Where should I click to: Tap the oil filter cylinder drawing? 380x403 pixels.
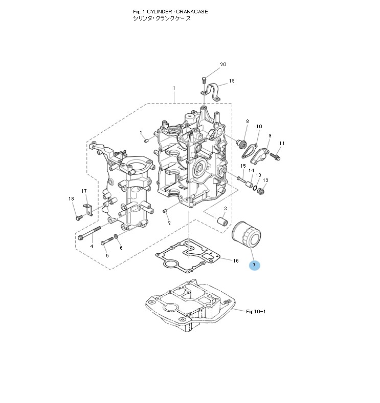pyautogui.click(x=247, y=234)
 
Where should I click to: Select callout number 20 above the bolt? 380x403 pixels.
pyautogui.click(x=223, y=65)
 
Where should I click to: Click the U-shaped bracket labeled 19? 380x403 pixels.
pyautogui.click(x=212, y=91)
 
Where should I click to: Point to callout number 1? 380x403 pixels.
pyautogui.click(x=174, y=88)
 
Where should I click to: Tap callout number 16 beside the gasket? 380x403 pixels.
pyautogui.click(x=236, y=260)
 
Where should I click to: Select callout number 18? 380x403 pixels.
pyautogui.click(x=71, y=198)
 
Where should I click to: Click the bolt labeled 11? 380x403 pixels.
pyautogui.click(x=275, y=154)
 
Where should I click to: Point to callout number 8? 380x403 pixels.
pyautogui.click(x=247, y=122)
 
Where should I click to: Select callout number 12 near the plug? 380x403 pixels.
pyautogui.click(x=265, y=180)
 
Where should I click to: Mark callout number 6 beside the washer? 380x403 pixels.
pyautogui.click(x=121, y=248)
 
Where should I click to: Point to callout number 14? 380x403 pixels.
pyautogui.click(x=251, y=170)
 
